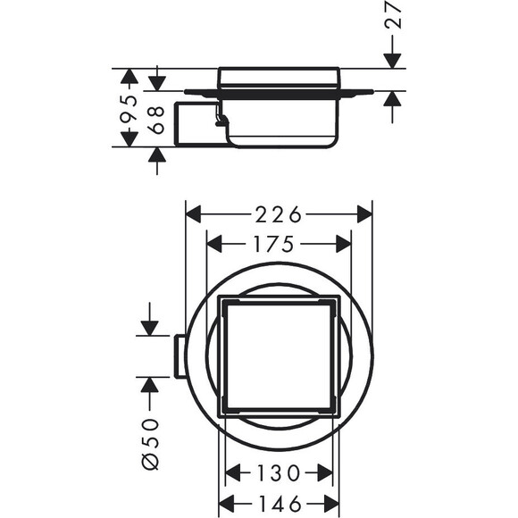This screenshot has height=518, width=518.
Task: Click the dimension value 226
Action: click(278, 214)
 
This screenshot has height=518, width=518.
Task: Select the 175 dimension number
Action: click(273, 244)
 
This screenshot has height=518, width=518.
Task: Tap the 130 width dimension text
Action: click(278, 472)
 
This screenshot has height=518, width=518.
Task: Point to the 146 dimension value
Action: click(280, 504)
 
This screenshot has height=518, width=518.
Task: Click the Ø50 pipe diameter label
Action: click(151, 443)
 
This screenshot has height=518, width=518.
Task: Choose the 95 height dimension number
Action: click(129, 107)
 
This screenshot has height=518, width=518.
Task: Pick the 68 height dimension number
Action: click(156, 120)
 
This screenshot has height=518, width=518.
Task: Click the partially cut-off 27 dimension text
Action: click(394, 14)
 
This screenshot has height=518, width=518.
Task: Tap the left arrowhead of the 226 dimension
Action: click(194, 214)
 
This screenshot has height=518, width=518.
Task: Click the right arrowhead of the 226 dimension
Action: click(364, 214)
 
